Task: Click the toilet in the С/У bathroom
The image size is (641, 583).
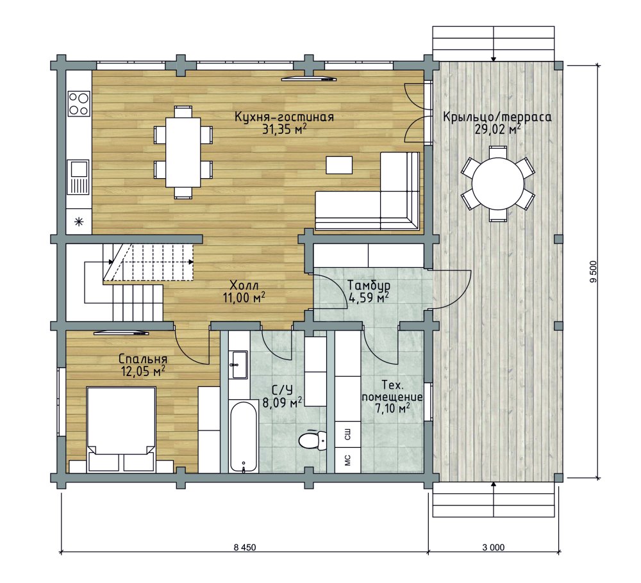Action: pos(312,440)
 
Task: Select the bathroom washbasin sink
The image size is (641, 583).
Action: pos(238,365)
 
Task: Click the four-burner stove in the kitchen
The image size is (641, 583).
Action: pos(79,104)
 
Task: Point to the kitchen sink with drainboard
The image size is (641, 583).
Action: pos(78,177)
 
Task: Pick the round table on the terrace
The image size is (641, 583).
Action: pos(498,183)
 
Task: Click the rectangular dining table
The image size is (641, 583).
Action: pos(183,152)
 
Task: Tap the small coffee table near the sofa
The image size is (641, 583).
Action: pos(339,165)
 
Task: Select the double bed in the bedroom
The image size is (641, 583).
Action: pos(121,429)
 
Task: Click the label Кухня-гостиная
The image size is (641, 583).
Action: pos(284,117)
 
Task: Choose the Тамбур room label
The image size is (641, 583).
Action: pos(369,284)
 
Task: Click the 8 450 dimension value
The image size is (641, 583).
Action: pos(245,547)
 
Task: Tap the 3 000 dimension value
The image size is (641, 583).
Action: pos(494,547)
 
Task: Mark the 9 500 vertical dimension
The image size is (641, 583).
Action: pos(593,272)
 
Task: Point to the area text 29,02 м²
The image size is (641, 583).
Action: pos(497,129)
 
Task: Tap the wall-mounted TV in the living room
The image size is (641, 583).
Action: pos(309,78)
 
